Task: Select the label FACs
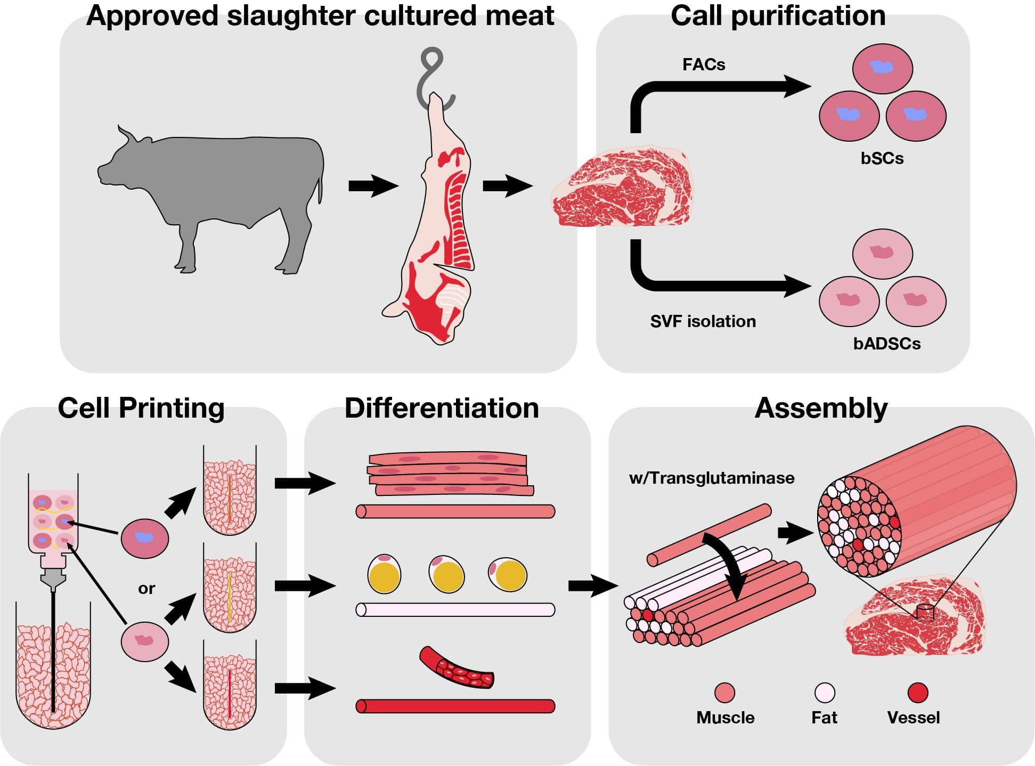click(x=704, y=65)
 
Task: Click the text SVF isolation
click(x=703, y=322)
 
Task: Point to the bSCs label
click(x=882, y=159)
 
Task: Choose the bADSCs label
click(x=887, y=344)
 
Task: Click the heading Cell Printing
click(x=141, y=409)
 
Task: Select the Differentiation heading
click(x=442, y=409)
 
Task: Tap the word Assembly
click(x=821, y=409)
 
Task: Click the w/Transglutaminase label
click(x=712, y=478)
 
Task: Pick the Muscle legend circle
click(x=724, y=693)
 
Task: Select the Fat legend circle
click(x=825, y=693)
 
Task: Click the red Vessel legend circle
click(x=917, y=693)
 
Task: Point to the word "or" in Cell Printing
click(x=146, y=589)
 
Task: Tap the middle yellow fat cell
click(x=446, y=574)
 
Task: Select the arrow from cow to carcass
click(x=373, y=186)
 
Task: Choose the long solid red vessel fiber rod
click(x=455, y=706)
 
